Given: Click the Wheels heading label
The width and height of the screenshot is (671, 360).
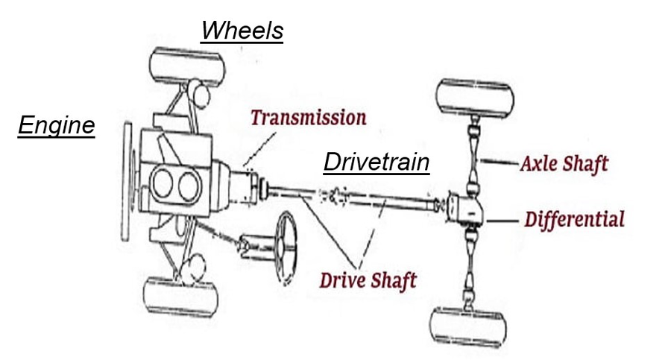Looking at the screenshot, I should (x=242, y=31).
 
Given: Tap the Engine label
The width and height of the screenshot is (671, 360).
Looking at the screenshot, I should (x=57, y=125).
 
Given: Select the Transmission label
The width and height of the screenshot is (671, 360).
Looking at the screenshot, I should (x=308, y=118).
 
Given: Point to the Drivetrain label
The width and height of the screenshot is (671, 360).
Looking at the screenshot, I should (x=377, y=162).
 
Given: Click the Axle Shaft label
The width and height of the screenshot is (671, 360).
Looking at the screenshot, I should (x=564, y=162).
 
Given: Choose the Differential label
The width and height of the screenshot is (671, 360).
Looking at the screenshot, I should (x=574, y=219).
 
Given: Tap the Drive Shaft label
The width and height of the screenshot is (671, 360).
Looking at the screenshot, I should (x=368, y=280).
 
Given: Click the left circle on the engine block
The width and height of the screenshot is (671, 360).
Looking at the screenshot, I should (x=163, y=182).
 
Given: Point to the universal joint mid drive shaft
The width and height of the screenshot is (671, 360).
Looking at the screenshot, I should (x=334, y=198).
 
